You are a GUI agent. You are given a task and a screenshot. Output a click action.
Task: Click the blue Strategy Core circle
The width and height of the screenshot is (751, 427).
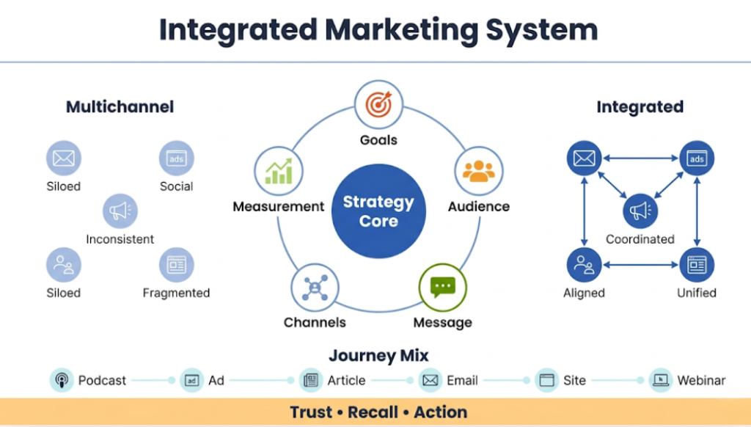378,211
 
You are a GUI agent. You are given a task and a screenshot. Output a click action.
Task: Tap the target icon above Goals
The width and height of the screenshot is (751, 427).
378,106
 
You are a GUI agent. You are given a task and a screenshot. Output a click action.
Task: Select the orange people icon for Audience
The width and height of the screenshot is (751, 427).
478,171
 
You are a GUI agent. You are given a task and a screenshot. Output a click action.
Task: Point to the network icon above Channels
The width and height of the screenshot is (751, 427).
315,287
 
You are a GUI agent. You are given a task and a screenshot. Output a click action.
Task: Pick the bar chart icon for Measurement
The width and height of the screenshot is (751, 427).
278,171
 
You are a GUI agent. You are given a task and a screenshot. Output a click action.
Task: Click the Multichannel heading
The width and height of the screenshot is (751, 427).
120,107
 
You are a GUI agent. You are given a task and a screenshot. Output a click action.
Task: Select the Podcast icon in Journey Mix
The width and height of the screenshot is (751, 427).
62,380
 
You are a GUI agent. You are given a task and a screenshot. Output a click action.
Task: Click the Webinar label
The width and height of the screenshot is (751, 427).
701,380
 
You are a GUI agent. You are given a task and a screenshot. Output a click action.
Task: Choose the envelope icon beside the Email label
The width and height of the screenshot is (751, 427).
430,380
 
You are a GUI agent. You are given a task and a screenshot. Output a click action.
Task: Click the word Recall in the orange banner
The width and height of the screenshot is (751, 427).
374,412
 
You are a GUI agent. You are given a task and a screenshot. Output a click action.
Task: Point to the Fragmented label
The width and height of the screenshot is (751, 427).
176,293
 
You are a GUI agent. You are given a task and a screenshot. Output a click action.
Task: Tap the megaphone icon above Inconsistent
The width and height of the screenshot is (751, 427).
120,211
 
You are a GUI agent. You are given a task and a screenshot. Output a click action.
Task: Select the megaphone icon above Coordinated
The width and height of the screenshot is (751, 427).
640,211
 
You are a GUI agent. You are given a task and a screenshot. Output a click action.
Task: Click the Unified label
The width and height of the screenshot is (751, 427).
697,293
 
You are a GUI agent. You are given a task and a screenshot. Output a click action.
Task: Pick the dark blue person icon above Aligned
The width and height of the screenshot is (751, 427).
585,265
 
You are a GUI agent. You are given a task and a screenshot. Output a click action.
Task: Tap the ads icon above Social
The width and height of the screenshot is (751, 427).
176,158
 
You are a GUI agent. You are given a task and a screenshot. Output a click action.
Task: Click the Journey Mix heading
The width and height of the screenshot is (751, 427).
378,356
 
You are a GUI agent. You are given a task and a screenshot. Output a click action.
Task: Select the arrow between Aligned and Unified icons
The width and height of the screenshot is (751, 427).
640,265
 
